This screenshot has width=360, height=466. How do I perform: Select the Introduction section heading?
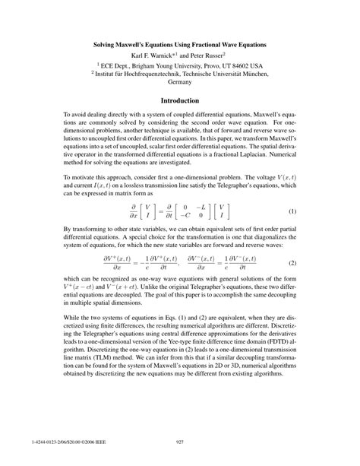[x=179, y=101]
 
